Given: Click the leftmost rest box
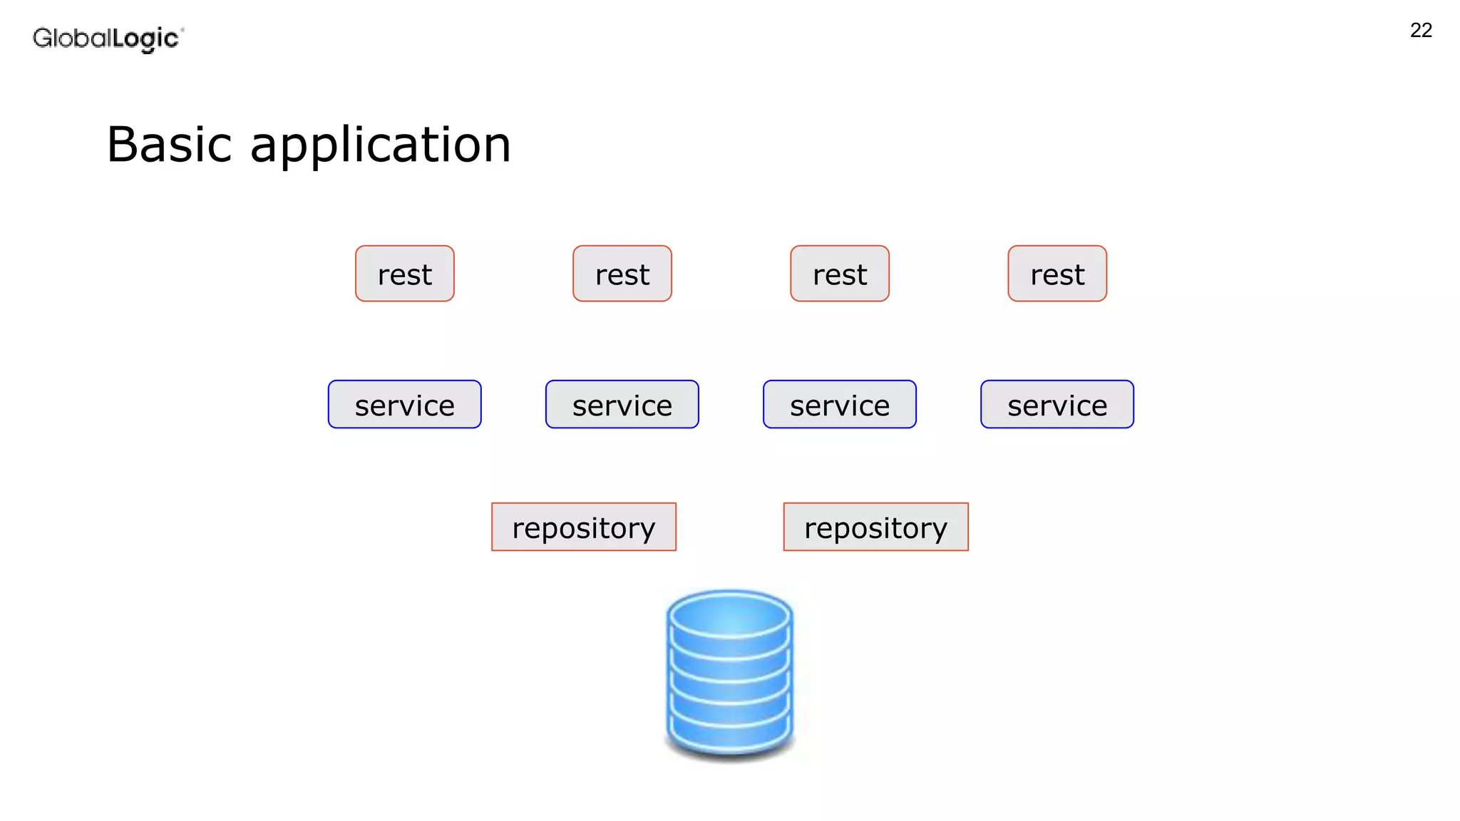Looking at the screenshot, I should (404, 274).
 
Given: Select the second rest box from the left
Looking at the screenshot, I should (622, 274).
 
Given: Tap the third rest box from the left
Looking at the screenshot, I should (839, 274).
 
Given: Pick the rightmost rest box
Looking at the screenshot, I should (1057, 274).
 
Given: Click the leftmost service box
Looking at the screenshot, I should (404, 404).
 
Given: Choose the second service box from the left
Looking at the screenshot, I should (622, 404).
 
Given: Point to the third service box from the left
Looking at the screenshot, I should (839, 404).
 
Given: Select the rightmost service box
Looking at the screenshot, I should (1057, 404).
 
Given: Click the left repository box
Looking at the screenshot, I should (583, 527).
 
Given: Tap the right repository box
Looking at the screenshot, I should (875, 527).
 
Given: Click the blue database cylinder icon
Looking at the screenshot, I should (729, 673).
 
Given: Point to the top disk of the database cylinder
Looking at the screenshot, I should (729, 616).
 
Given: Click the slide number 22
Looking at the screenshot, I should (1420, 30).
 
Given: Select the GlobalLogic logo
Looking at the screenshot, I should (108, 38).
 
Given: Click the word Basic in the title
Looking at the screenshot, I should (169, 145).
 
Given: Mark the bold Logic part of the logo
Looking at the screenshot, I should (145, 38).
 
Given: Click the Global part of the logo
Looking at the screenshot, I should (72, 38).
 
